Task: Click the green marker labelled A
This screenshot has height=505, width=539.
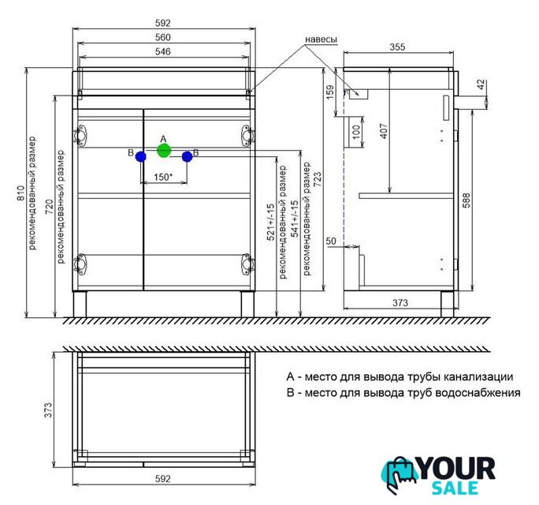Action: [164, 150]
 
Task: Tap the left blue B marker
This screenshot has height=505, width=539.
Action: [141, 156]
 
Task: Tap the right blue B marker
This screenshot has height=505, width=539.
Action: [187, 156]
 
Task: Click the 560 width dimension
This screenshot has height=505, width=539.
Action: [164, 37]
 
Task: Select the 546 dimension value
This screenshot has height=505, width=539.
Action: [164, 51]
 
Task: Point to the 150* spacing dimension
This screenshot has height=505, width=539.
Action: [163, 178]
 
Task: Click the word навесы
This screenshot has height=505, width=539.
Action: [322, 38]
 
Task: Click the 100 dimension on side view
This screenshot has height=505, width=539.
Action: [356, 131]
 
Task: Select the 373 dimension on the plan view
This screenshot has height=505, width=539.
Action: [47, 410]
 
